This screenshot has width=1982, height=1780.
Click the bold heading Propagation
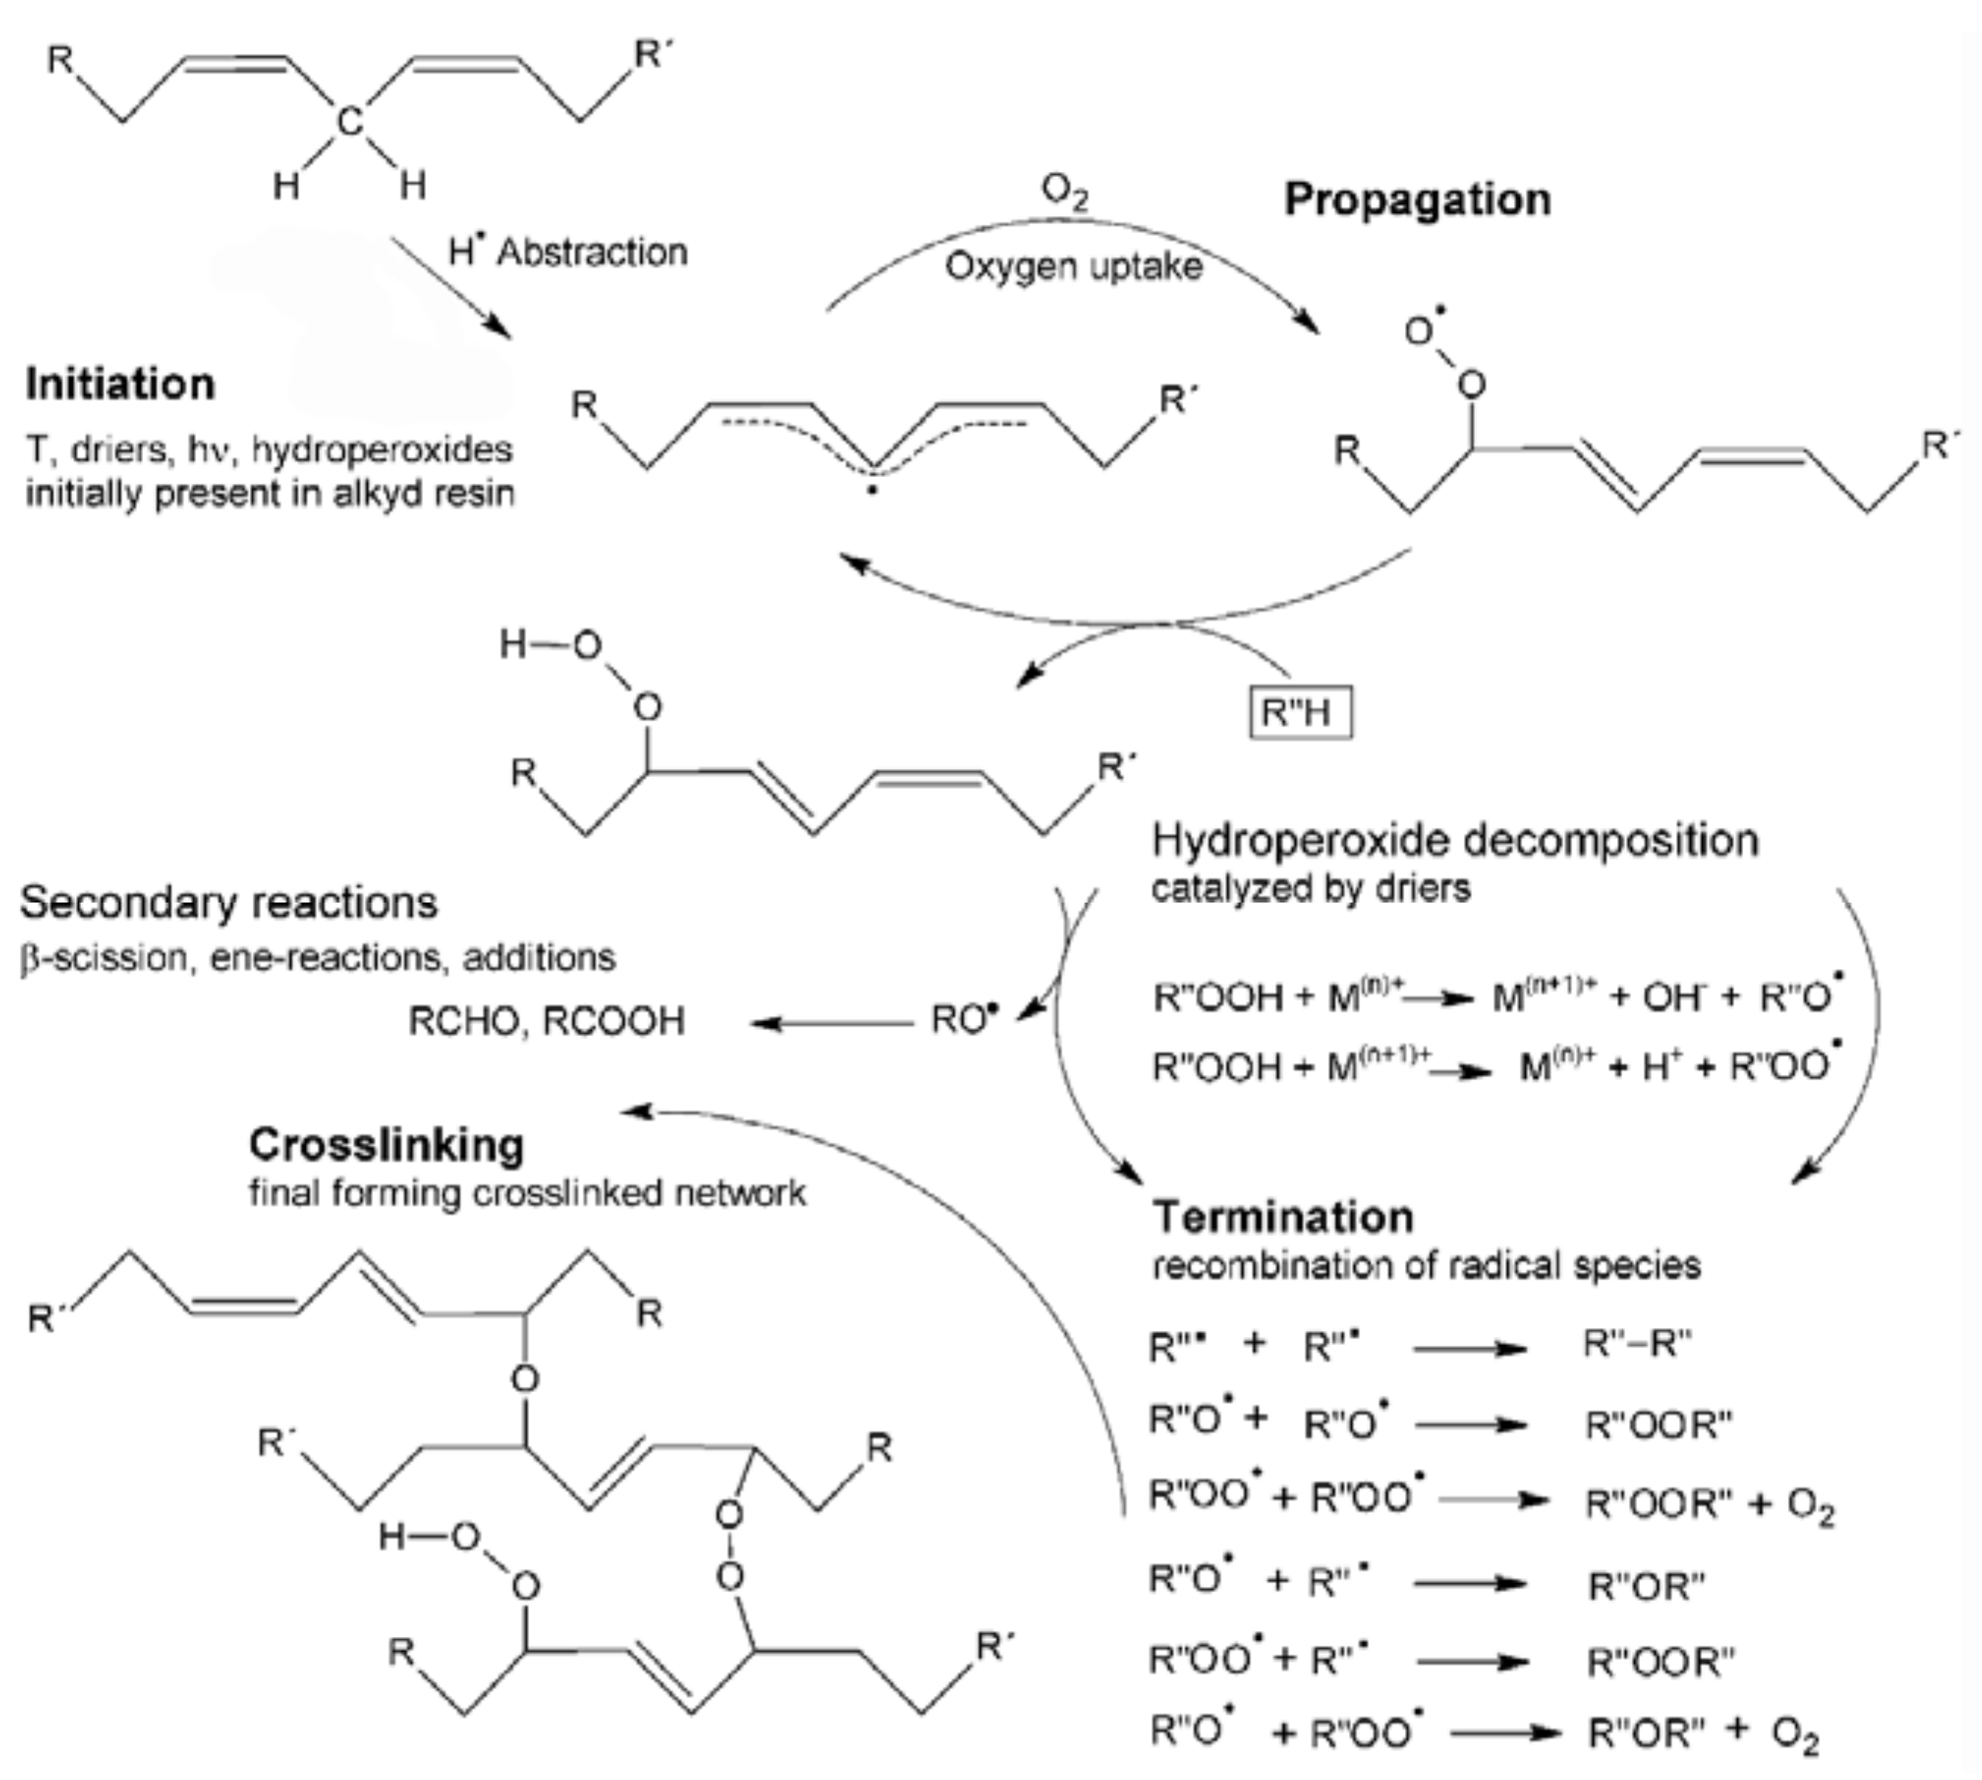1417,200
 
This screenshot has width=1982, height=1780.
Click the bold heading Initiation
120,384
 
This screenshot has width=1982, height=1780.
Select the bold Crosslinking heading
386,1144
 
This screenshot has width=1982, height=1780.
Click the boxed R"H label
1300,712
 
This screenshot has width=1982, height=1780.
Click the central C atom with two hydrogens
349,122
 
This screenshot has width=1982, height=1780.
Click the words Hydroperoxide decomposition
1455,840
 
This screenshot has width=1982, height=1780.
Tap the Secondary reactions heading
228,903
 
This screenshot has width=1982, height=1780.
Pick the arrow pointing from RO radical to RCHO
831,1023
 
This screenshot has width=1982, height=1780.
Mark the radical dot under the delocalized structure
872,490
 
